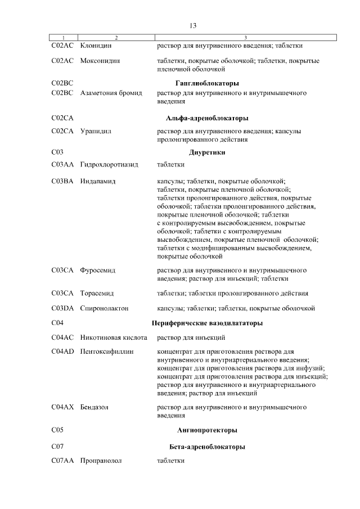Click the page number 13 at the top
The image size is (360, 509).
[x=193, y=26]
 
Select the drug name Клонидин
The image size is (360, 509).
[x=95, y=46]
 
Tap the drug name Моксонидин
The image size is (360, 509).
[x=100, y=60]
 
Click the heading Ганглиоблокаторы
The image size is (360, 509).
[x=207, y=83]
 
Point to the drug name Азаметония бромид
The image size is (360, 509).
[x=111, y=92]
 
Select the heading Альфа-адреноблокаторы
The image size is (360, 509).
[x=207, y=118]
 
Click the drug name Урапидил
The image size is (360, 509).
[x=96, y=131]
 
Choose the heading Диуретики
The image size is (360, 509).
[x=207, y=152]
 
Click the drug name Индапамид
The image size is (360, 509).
[x=98, y=181]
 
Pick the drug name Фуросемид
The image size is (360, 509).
[x=98, y=270]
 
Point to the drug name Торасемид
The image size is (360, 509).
[x=97, y=294]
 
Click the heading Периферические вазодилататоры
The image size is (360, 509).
[x=207, y=323]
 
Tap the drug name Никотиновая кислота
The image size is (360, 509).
[x=114, y=337]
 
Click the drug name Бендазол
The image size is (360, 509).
[x=94, y=406]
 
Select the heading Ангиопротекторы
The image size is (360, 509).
[x=207, y=430]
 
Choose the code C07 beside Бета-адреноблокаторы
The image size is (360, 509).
[x=57, y=447]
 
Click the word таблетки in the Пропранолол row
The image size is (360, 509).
[x=170, y=461]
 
